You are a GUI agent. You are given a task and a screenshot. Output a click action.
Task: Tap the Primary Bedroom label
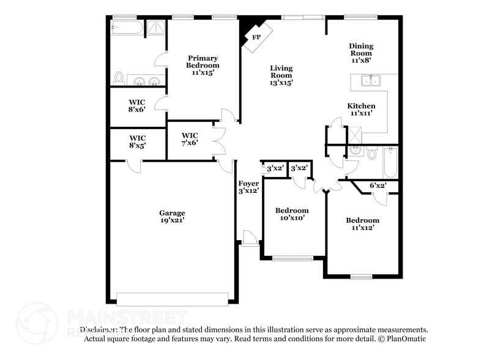pos(203,65)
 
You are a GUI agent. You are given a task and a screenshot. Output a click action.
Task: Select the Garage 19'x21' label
pos(172,217)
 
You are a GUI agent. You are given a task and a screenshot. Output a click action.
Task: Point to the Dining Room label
pos(361,53)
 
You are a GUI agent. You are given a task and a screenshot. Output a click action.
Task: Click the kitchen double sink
pos(370,81)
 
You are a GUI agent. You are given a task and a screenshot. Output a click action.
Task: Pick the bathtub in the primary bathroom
pos(127,28)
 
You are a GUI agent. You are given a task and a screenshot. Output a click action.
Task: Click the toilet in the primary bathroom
pos(119,78)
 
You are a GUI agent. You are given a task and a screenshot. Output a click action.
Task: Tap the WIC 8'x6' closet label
pos(137,106)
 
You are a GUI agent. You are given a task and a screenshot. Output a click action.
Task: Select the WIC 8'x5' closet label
pos(137,142)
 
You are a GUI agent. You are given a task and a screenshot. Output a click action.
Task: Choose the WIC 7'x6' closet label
pos(190,139)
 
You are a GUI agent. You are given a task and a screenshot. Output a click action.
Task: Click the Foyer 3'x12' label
pos(248,187)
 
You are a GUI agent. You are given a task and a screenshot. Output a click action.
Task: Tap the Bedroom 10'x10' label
pos(292,214)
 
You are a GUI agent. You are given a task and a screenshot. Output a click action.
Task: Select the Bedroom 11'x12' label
pos(362,223)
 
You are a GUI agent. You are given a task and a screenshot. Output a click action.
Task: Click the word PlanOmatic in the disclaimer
pos(406,339)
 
